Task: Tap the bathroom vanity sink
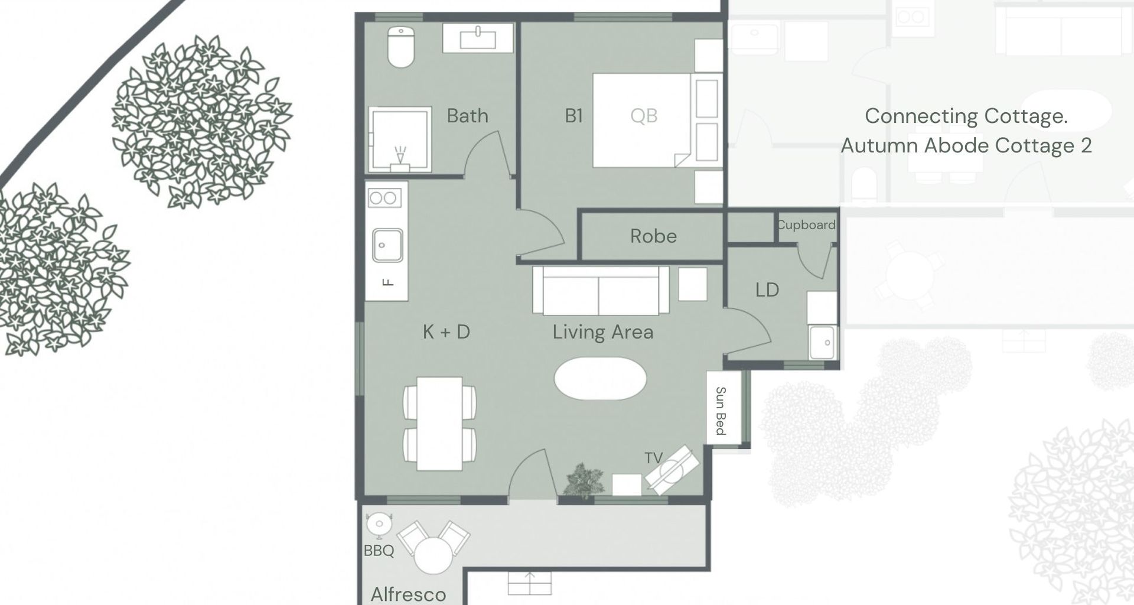pos(478,38)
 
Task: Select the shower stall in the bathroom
pos(399,139)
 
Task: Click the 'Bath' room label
pos(467,116)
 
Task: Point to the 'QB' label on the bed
pos(643,116)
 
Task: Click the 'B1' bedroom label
pos(573,116)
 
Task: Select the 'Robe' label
pos(653,236)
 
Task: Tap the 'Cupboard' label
pos(806,225)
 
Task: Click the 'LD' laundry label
pos(767,290)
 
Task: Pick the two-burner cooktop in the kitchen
pos(383,199)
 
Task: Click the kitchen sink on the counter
pos(387,245)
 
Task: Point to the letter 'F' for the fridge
pos(387,282)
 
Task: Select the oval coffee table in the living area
pos(600,379)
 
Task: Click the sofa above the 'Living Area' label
pos(600,291)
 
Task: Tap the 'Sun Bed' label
pos(721,411)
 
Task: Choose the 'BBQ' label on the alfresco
pos(379,551)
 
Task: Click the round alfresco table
pos(433,555)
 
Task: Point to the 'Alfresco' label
pos(408,594)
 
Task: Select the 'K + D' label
pos(447,332)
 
